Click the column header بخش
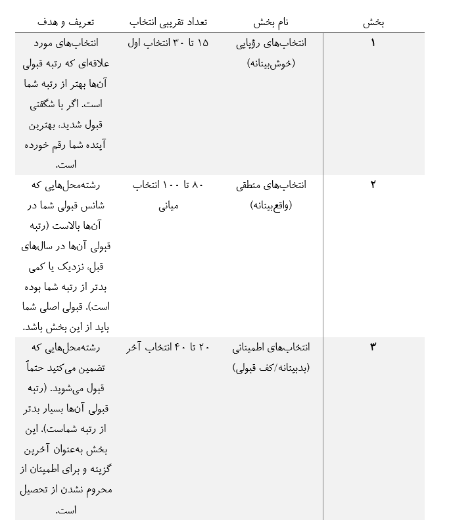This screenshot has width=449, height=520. click(373, 22)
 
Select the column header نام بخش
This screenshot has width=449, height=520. click(271, 22)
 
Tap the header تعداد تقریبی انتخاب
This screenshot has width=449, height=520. click(168, 22)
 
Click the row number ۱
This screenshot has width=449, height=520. click(373, 43)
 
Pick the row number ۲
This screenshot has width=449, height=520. click(373, 185)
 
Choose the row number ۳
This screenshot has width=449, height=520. click(373, 346)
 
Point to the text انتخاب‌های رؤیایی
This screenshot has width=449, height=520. click(271, 43)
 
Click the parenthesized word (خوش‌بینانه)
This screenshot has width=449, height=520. click(271, 64)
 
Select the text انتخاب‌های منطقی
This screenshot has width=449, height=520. click(271, 185)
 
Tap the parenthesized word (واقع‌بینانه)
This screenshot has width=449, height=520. click(271, 205)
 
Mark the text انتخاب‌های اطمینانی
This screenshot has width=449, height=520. click(271, 346)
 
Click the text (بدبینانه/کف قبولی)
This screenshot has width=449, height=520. click(271, 367)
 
